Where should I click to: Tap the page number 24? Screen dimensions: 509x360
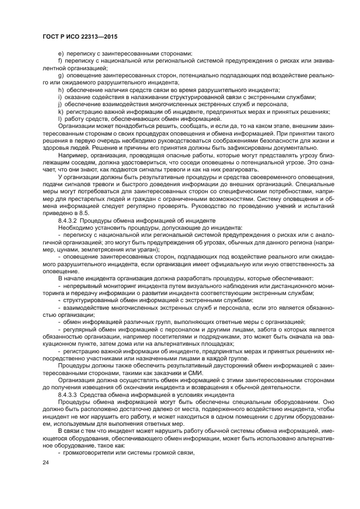(x=46, y=462)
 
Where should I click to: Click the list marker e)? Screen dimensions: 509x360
(x=60, y=53)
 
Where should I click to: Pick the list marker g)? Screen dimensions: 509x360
(x=60, y=75)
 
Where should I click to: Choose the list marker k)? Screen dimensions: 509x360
(x=60, y=112)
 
